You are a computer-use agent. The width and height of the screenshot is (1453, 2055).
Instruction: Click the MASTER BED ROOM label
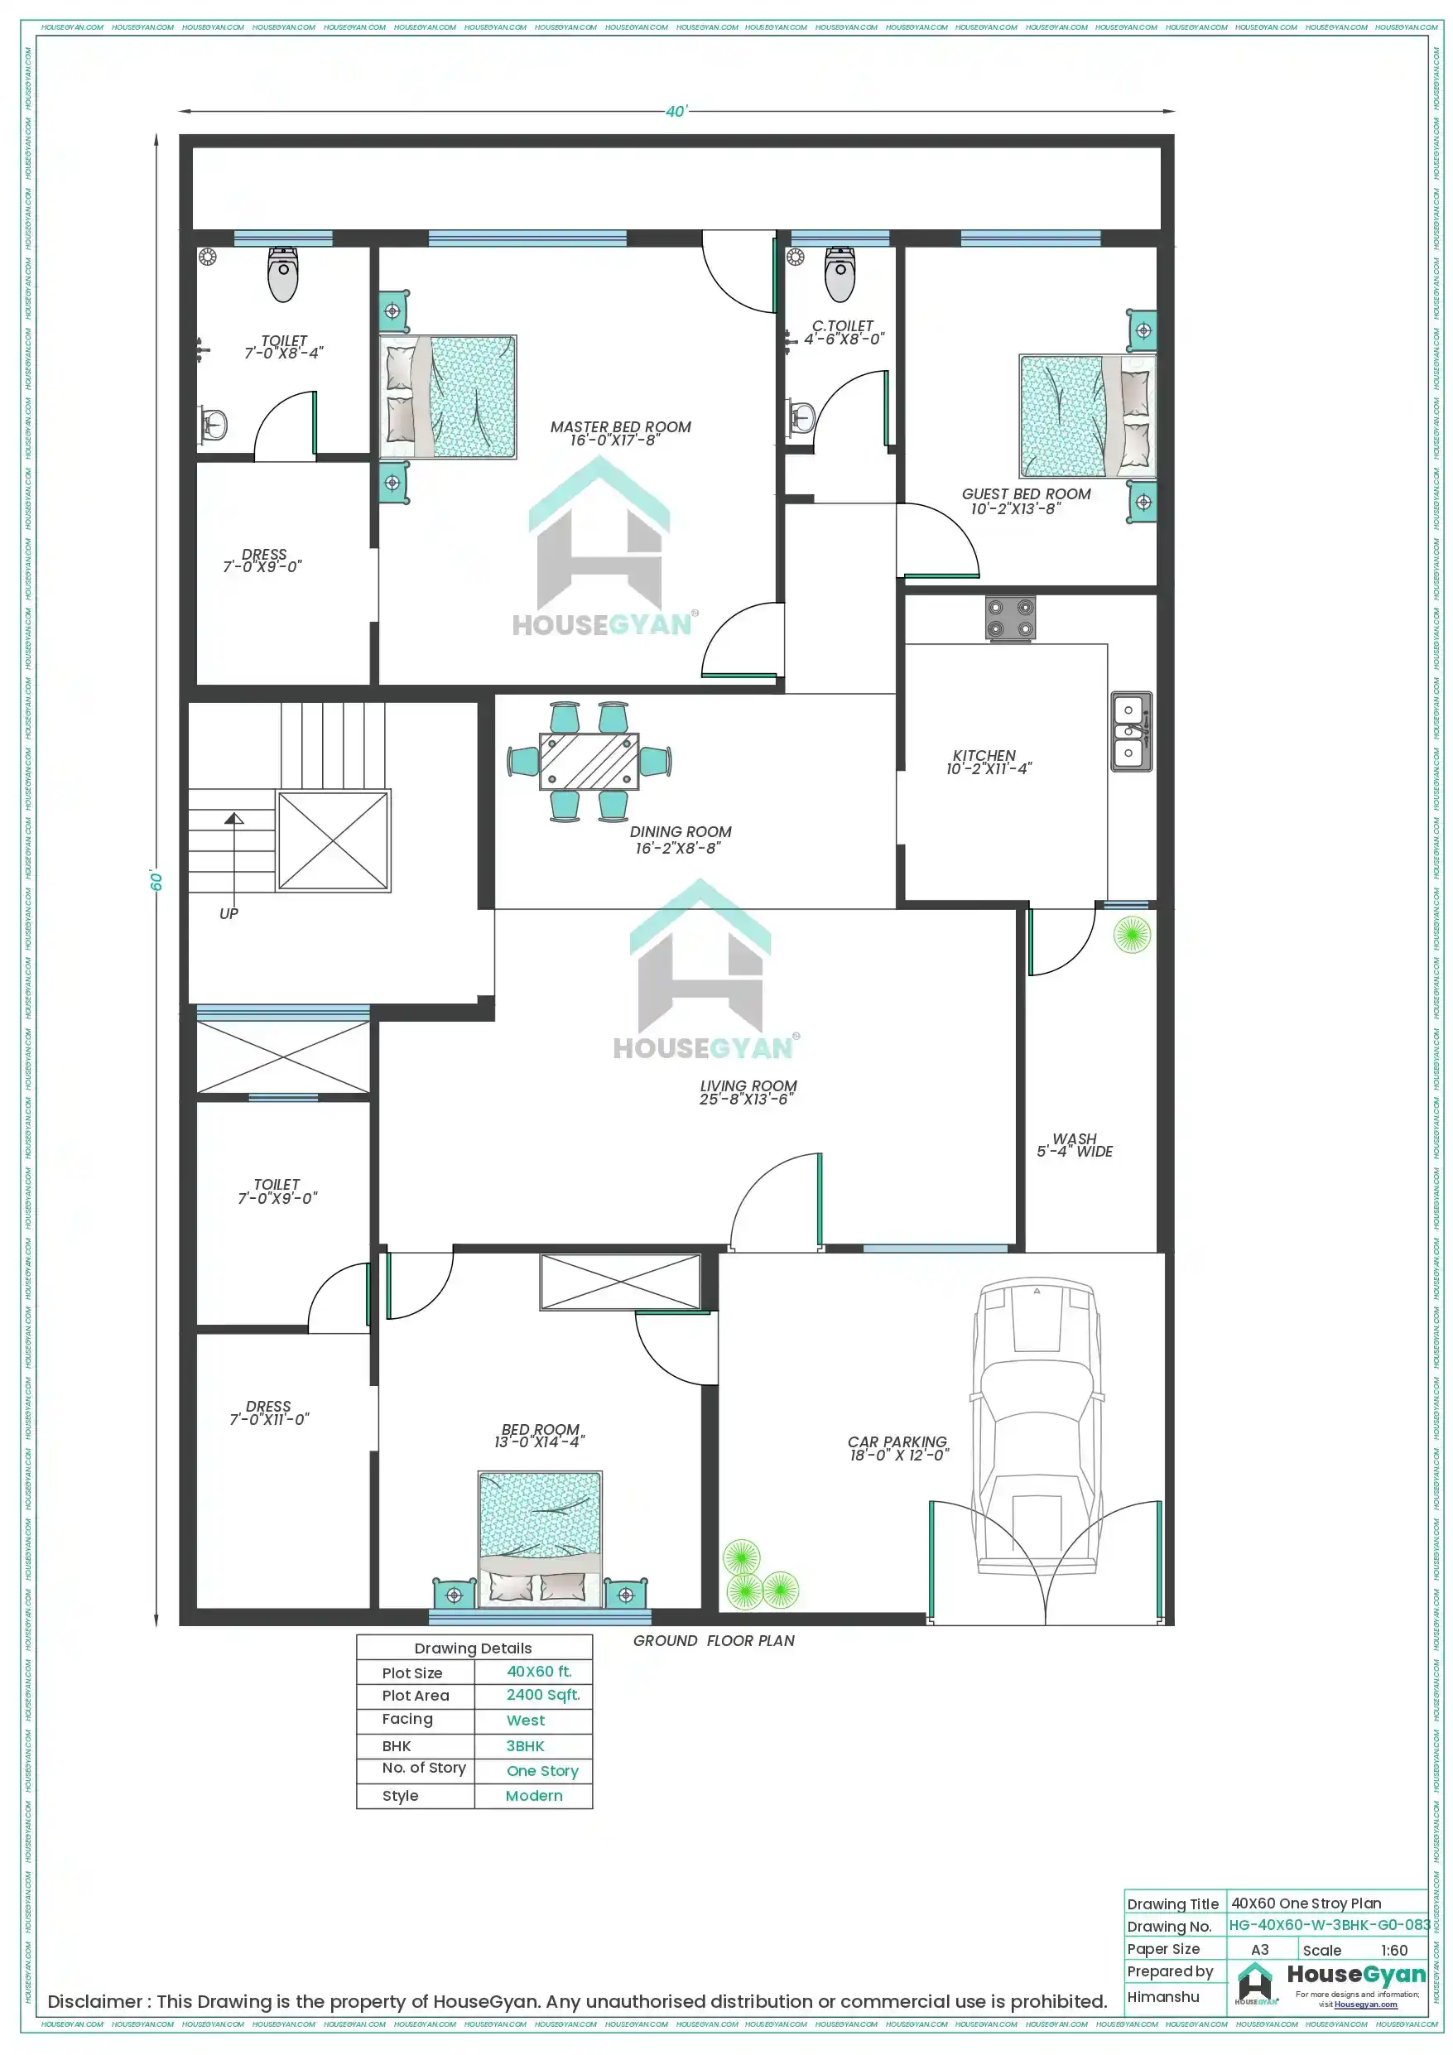click(x=619, y=427)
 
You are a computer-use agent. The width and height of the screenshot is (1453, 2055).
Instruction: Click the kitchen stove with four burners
click(x=1010, y=618)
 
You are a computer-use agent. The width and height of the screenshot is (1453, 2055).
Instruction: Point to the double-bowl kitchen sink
click(x=1130, y=731)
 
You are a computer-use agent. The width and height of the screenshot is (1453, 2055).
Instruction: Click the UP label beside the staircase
click(x=229, y=914)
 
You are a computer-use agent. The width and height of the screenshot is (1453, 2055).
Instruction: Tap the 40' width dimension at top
click(x=676, y=112)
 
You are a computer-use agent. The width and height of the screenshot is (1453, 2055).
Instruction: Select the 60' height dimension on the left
click(x=156, y=881)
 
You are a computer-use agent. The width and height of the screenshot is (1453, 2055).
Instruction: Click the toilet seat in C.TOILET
click(x=839, y=275)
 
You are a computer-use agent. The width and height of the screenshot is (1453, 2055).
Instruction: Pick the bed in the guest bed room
click(x=1086, y=416)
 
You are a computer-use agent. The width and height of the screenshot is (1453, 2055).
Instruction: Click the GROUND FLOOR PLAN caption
click(x=714, y=1640)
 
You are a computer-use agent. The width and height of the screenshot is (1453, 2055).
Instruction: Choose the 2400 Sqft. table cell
click(x=542, y=1694)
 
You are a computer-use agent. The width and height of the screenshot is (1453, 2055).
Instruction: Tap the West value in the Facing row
click(x=526, y=1721)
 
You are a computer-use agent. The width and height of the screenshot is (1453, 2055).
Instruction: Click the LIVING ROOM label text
click(x=748, y=1085)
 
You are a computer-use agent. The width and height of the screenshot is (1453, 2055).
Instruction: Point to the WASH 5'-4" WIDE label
click(x=1075, y=1145)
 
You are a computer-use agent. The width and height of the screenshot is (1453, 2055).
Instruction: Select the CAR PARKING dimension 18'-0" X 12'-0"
click(x=898, y=1456)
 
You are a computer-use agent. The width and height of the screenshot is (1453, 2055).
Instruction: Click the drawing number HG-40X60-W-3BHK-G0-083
click(x=1329, y=1925)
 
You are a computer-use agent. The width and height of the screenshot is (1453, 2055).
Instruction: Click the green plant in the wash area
click(x=1132, y=935)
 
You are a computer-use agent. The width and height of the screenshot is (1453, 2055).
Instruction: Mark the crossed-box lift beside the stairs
click(x=333, y=840)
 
